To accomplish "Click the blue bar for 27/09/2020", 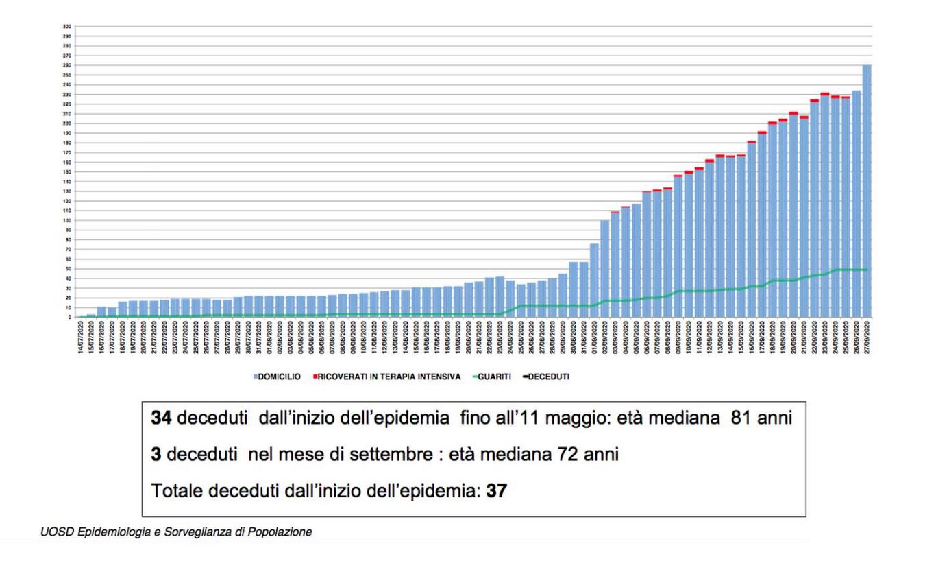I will [867, 192].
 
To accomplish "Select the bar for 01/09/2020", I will [594, 281].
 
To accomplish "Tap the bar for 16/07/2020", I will [101, 312].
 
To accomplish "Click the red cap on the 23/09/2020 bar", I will [825, 94].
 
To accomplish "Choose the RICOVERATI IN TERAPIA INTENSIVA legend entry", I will [390, 377].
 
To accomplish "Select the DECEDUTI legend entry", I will [548, 377].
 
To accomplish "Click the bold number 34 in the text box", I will [162, 418].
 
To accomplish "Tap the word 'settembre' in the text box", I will [356, 455].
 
